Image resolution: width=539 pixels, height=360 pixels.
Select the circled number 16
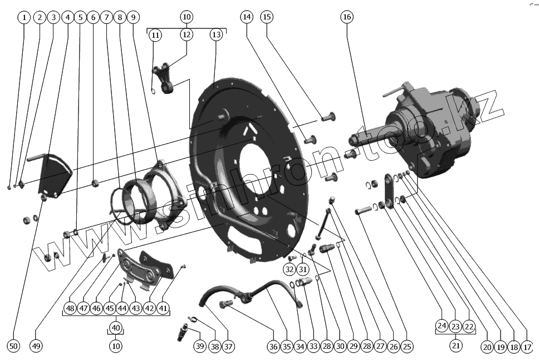point(347,17)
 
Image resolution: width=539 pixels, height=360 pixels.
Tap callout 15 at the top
point(267,17)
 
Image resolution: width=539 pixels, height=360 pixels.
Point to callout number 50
point(14,346)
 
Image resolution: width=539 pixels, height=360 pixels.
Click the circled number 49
point(37,346)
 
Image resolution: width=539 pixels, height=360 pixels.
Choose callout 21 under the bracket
point(456,346)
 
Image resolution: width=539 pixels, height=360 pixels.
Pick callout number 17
point(527,346)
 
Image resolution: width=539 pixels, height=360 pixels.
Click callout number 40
point(116,328)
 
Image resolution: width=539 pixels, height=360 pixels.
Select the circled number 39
point(200,346)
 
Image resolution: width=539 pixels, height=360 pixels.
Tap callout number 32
point(289,269)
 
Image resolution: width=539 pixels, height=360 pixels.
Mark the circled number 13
point(216,34)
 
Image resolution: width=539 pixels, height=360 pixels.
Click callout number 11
point(155,34)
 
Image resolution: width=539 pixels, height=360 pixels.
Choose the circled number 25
point(407,346)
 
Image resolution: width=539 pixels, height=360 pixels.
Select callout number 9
point(133,17)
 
